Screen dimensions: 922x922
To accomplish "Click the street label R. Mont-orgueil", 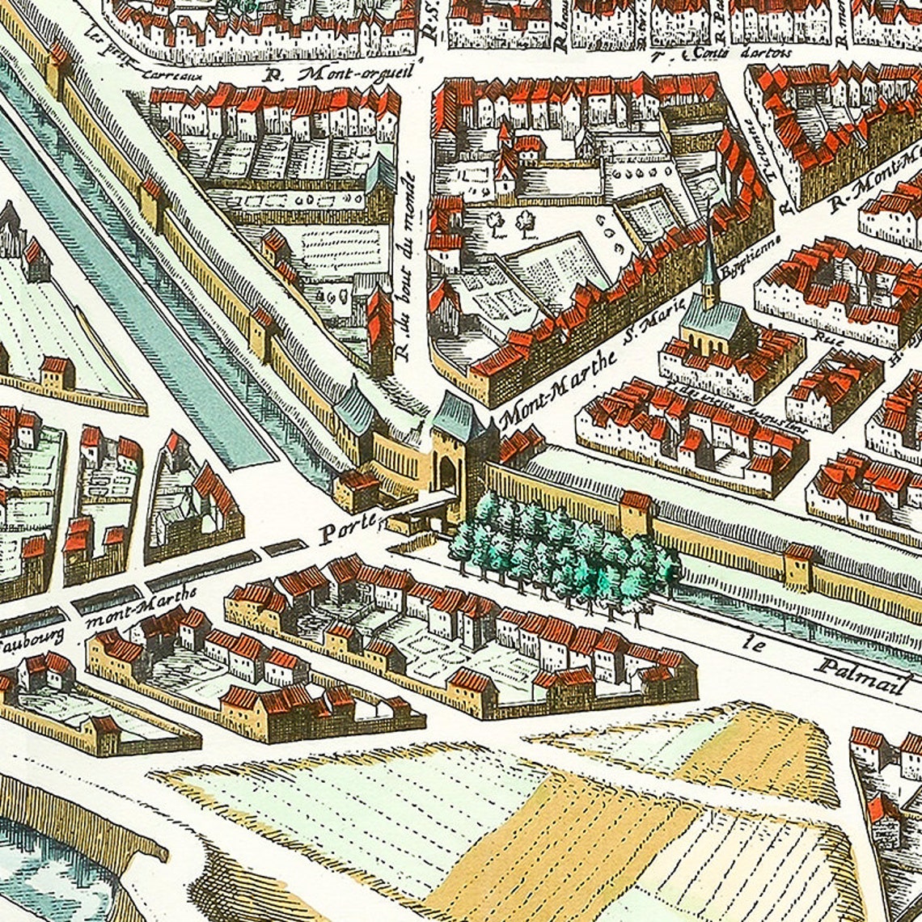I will (x=340, y=74).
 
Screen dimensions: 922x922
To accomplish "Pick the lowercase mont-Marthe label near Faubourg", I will (x=141, y=606).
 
